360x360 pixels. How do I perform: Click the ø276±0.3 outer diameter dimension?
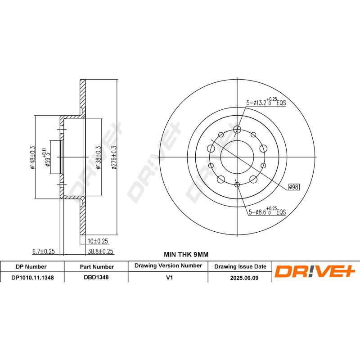[114, 157]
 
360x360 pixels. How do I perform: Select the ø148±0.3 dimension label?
[32, 157]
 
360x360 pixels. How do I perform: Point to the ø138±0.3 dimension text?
[99, 157]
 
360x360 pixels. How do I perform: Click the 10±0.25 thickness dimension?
[98, 241]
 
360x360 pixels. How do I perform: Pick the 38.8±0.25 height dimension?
[100, 252]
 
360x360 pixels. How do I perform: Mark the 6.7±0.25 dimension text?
[43, 252]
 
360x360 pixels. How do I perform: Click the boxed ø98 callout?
[294, 187]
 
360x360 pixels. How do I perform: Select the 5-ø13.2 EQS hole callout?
[266, 102]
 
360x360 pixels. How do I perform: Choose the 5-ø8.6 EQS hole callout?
[267, 211]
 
